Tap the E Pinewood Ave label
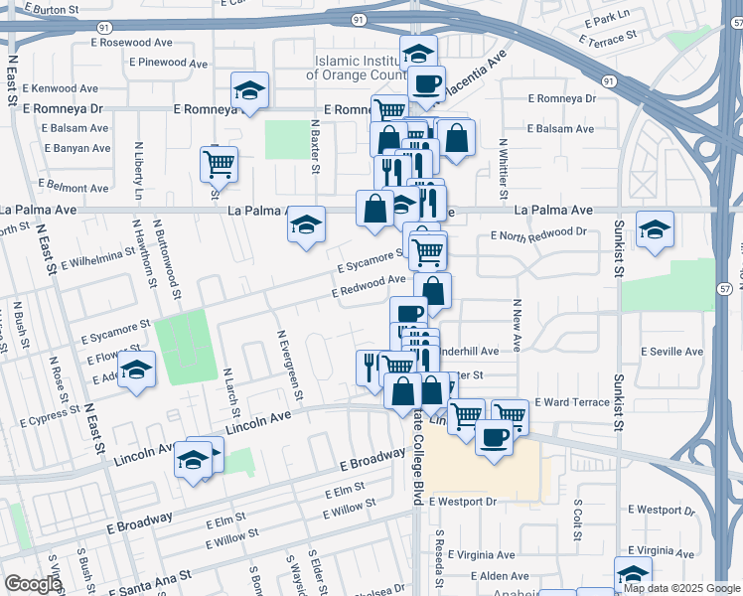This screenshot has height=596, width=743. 169,63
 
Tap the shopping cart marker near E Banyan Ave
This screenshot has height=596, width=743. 219,163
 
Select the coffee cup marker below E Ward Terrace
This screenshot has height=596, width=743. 494,437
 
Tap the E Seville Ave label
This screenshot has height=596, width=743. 671,352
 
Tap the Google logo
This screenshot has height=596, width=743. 33,584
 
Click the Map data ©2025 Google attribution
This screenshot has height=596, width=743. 681,588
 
